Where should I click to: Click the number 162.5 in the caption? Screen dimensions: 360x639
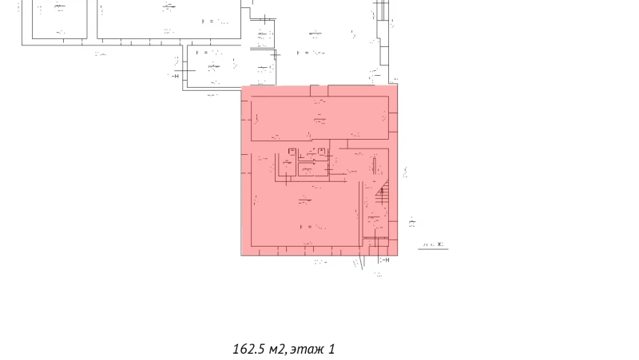click(x=248, y=349)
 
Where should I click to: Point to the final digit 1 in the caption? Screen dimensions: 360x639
click(x=331, y=349)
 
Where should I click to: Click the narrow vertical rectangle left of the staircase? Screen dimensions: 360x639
click(x=373, y=167)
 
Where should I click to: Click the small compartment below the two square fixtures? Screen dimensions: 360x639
click(x=308, y=168)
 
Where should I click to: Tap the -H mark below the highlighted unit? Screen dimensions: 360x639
click(x=383, y=260)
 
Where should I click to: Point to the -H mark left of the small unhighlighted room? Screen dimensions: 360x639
click(x=173, y=75)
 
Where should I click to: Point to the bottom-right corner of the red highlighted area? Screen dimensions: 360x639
click(x=398, y=255)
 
